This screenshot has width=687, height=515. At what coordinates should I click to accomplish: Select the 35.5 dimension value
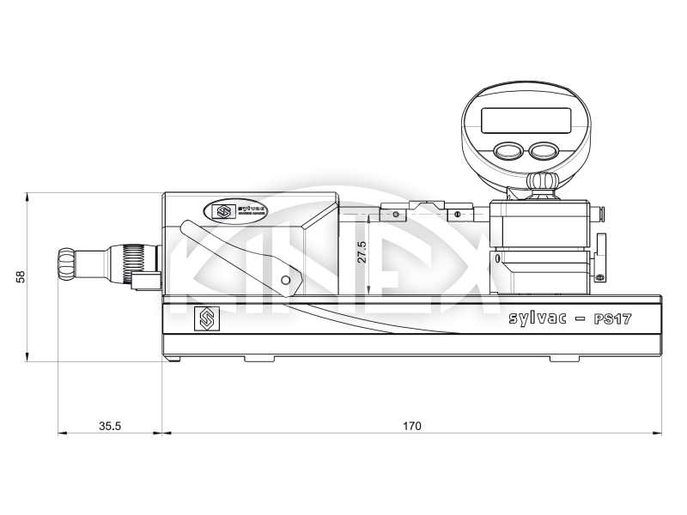109,425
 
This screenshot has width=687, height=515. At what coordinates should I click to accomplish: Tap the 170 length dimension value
411,425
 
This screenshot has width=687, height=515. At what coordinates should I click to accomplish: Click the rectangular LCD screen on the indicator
526,120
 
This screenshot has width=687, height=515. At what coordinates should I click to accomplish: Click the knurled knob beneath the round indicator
541,183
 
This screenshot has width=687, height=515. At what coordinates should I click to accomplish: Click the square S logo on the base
206,318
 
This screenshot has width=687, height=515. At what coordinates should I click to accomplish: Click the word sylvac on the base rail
538,318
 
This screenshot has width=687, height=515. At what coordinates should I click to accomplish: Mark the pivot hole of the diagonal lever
286,281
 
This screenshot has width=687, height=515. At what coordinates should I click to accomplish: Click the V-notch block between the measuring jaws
426,205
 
